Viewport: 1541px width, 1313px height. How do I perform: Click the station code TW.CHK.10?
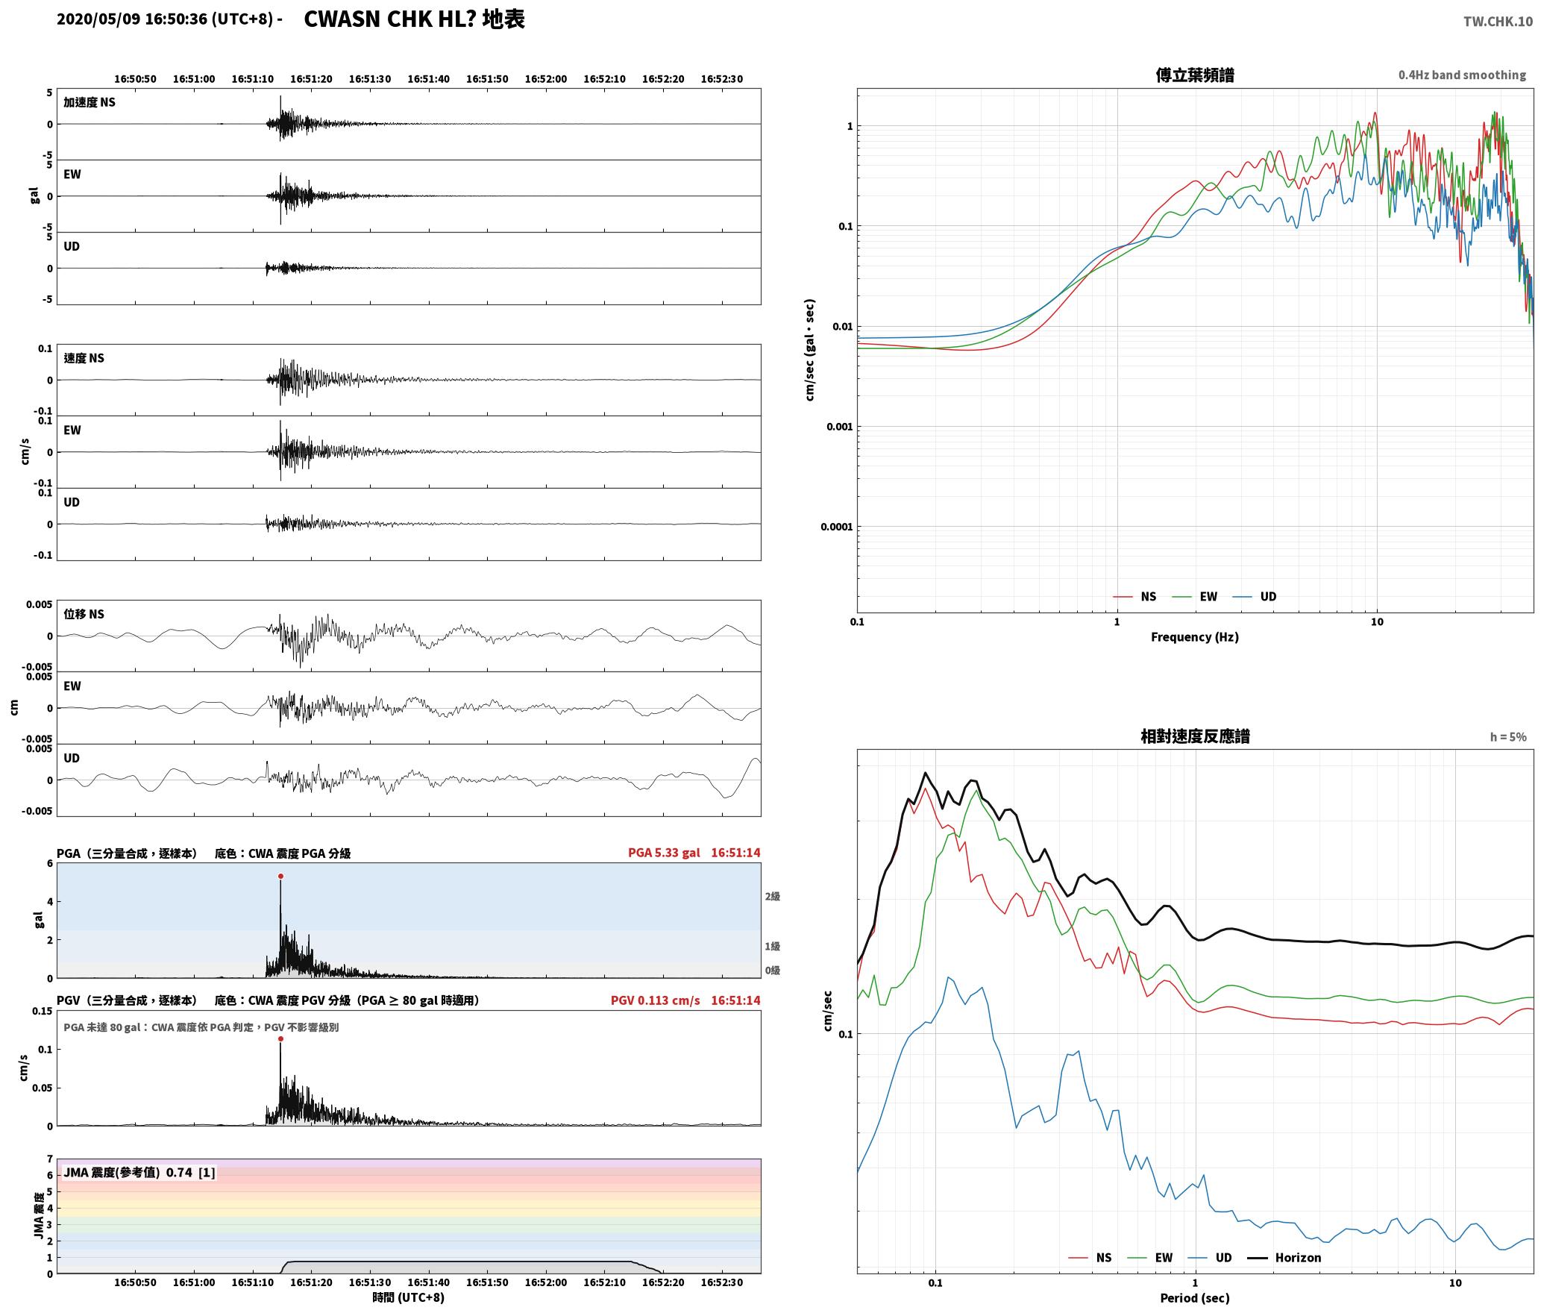click(x=1498, y=22)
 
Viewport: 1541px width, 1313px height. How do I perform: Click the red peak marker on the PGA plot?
click(x=280, y=877)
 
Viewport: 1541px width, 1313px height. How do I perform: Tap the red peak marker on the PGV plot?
click(x=280, y=1039)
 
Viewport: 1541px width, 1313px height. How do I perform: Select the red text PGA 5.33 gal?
click(x=664, y=853)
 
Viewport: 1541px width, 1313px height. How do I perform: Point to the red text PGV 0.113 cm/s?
click(x=655, y=1000)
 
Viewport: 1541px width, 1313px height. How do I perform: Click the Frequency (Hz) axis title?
click(x=1194, y=637)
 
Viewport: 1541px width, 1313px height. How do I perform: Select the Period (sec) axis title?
click(x=1194, y=1298)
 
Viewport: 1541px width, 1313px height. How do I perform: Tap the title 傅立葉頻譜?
click(x=1194, y=75)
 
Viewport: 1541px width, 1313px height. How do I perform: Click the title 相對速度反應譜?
click(x=1195, y=736)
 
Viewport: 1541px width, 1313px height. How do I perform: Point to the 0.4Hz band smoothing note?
click(x=1462, y=75)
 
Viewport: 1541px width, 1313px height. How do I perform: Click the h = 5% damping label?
click(x=1508, y=737)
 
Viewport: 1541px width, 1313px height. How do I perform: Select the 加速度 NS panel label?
click(x=90, y=102)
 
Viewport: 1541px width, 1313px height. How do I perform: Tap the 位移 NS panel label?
click(x=84, y=614)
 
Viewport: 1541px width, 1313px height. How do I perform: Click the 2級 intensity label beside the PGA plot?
click(x=773, y=896)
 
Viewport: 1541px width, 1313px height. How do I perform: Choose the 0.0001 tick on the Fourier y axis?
click(x=836, y=527)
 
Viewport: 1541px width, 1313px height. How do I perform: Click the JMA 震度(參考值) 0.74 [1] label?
click(x=139, y=1173)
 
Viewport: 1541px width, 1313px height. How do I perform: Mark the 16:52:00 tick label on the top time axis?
click(x=546, y=79)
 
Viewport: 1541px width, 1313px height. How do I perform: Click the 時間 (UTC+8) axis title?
click(x=409, y=1297)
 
